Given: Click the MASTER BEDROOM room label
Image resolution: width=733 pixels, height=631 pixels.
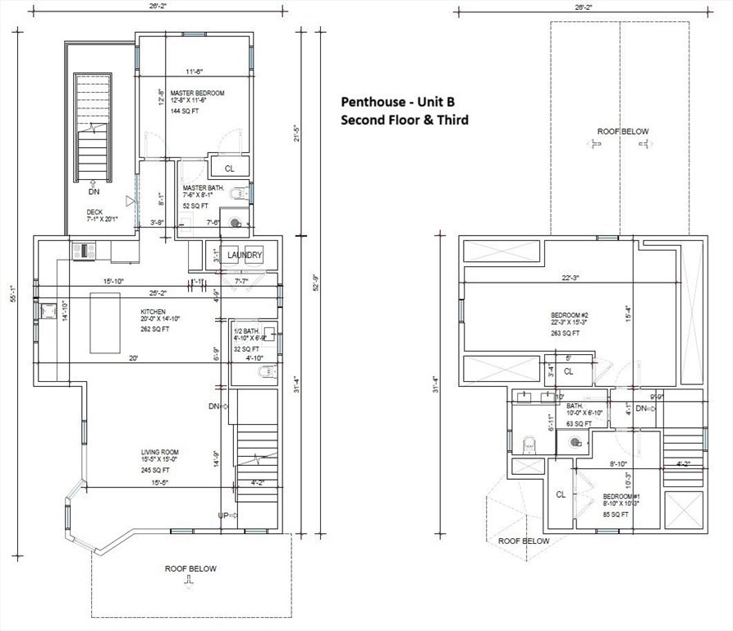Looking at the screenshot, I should (197, 93).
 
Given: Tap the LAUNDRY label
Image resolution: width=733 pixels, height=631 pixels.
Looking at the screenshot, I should (245, 255).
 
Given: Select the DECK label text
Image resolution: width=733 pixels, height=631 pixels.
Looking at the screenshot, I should (95, 212).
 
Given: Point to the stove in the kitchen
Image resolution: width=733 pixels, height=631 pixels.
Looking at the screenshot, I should (84, 249).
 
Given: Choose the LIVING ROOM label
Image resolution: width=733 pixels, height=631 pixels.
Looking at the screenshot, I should (159, 452).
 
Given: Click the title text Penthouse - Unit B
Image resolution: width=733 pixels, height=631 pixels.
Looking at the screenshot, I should (397, 102).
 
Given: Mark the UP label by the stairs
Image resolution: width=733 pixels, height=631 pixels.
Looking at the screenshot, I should (223, 515).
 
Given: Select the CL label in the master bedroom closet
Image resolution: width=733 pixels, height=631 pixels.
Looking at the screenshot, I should (230, 168).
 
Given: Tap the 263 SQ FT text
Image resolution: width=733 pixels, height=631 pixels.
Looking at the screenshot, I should (565, 333).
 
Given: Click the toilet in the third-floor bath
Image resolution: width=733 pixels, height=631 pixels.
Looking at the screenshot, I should (530, 445).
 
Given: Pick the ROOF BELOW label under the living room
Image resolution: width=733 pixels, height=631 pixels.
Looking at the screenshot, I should (190, 568).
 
